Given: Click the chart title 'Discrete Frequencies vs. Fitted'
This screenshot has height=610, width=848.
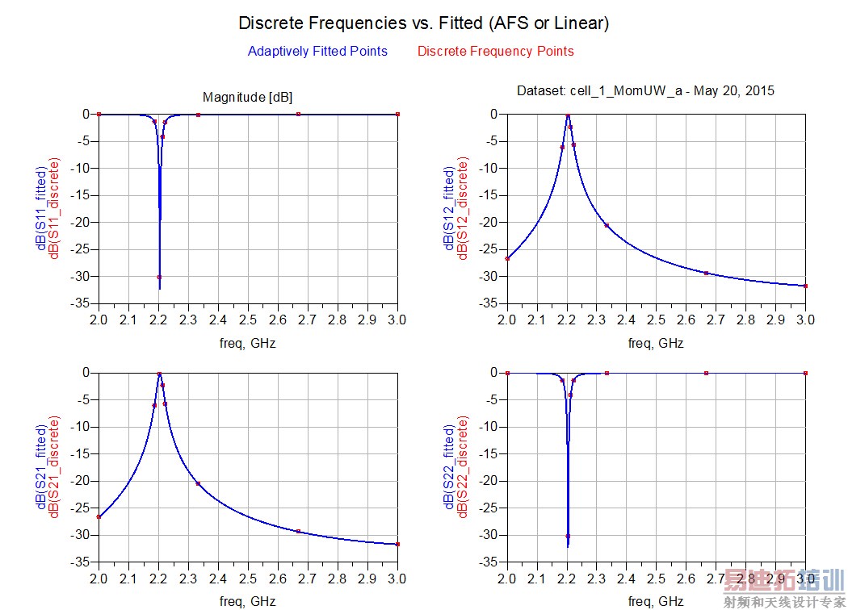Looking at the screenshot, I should point(423,23).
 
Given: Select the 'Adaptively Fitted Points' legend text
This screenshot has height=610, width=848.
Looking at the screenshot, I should point(317,52).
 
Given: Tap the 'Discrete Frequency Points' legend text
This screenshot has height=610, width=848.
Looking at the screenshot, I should point(495,52).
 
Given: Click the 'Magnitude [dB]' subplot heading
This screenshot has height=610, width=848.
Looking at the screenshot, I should point(247,98).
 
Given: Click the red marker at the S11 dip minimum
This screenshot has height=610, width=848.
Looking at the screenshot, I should point(159,277).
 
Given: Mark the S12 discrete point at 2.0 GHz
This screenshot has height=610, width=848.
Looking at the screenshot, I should point(507,258).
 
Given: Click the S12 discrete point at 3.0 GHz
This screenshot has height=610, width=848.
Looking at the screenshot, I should point(805,286).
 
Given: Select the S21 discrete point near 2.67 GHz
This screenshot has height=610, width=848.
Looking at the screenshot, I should point(298,531).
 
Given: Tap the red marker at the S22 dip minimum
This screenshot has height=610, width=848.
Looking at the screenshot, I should point(568,536).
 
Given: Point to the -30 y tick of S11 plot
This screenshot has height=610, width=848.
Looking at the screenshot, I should point(82,277).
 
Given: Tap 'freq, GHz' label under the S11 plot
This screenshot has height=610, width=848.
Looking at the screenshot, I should point(248,343).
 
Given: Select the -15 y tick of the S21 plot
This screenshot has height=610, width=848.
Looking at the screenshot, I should point(82,454).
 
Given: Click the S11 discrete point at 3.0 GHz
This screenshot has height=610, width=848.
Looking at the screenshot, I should point(397,114).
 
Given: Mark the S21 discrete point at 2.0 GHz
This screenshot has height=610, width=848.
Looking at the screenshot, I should point(99,516).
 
